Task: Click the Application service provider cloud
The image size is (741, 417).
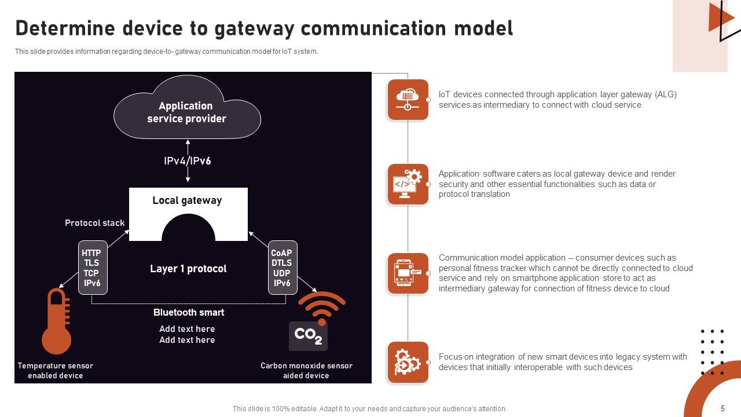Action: [x=186, y=111]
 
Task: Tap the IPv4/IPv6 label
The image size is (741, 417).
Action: [x=187, y=161]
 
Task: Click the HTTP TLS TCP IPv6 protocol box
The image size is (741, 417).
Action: [x=93, y=268]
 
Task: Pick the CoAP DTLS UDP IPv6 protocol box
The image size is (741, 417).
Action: [x=283, y=268]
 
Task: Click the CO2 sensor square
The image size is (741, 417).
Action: [x=308, y=335]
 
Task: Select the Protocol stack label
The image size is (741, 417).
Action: [x=94, y=223]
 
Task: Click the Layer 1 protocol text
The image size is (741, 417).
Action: [x=188, y=269]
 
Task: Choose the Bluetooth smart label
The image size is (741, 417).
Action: [x=189, y=312]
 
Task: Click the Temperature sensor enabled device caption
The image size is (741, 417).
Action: [x=56, y=371]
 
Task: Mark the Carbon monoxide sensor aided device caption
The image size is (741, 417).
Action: [x=306, y=371]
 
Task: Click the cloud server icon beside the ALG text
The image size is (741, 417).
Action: [x=408, y=100]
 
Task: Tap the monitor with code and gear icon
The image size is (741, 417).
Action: [x=408, y=184]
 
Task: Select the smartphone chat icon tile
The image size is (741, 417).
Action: [x=408, y=273]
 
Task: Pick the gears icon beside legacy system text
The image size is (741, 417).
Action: [x=408, y=362]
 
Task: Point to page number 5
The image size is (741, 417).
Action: [x=722, y=408]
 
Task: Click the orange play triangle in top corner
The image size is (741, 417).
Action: [x=719, y=17]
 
